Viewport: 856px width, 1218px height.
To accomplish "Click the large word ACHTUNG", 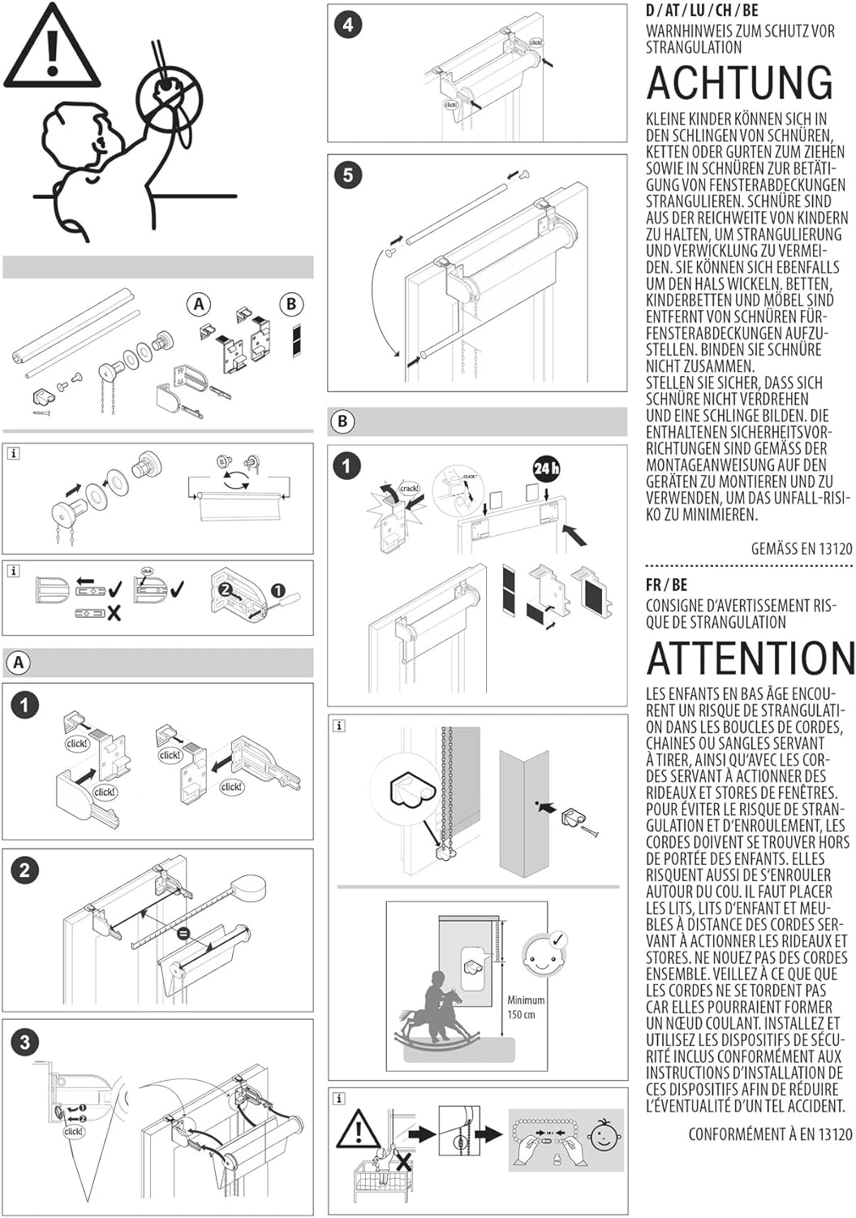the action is coord(740,83).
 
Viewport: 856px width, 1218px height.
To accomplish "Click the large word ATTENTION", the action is coord(751,659).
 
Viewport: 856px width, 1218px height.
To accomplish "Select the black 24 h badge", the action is coord(545,469).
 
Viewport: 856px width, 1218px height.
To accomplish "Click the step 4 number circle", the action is coord(348,25).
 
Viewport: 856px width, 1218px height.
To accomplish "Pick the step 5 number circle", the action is coord(348,175).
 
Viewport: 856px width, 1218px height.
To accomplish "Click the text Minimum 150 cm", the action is coord(526,1007).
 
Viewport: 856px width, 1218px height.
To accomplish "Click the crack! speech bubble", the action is coord(409,488).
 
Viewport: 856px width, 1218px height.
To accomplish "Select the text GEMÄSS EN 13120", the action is coord(802,549).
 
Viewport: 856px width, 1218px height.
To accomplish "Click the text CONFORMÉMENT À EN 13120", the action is coord(770,1134).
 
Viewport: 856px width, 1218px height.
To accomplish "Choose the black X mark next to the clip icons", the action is coord(114,613).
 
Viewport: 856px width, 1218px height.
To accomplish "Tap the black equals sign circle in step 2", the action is coord(184,934).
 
